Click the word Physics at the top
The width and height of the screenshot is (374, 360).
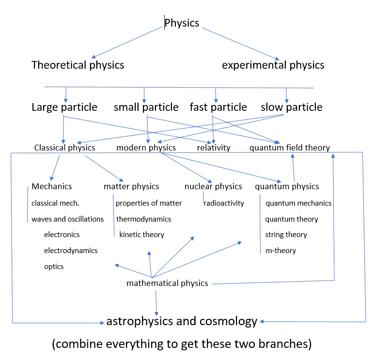pyautogui.click(x=182, y=23)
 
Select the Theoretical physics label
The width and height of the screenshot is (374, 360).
pyautogui.click(x=78, y=65)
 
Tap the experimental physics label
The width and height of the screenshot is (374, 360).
pyautogui.click(x=273, y=65)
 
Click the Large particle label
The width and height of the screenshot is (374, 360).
pyautogui.click(x=64, y=107)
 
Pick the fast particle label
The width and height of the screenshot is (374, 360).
pyautogui.click(x=218, y=107)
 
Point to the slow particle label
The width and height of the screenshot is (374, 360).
pyautogui.click(x=292, y=107)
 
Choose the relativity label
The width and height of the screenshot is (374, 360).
pyautogui.click(x=214, y=148)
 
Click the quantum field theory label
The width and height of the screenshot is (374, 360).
pyautogui.click(x=290, y=148)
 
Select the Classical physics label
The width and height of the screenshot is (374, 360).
pyautogui.click(x=64, y=148)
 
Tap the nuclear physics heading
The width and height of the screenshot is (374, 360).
pyautogui.click(x=213, y=186)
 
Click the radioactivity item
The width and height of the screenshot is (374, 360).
pyautogui.click(x=224, y=203)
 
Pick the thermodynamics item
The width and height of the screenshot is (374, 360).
pyautogui.click(x=144, y=219)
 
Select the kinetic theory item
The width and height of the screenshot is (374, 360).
pyautogui.click(x=142, y=235)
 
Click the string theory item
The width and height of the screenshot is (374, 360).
pyautogui.click(x=286, y=235)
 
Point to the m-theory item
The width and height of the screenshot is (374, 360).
pyautogui.click(x=280, y=251)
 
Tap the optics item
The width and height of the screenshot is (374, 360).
pyautogui.click(x=54, y=267)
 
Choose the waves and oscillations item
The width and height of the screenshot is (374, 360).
pyautogui.click(x=68, y=219)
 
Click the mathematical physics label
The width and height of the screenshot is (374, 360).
pyautogui.click(x=167, y=283)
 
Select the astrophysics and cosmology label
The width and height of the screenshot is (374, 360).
pyautogui.click(x=182, y=321)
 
